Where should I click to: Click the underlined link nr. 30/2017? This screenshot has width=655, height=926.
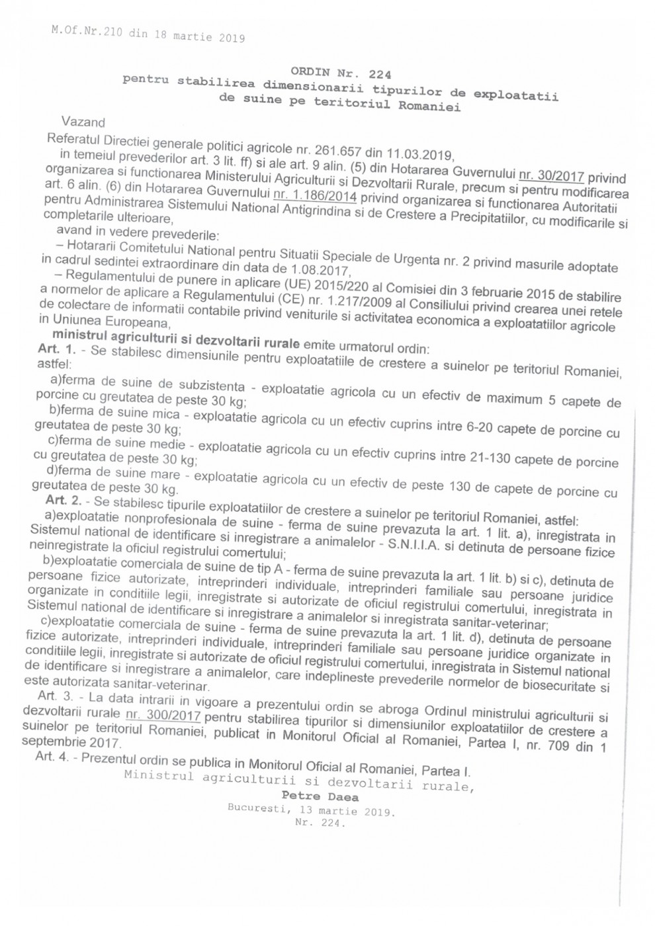(x=551, y=175)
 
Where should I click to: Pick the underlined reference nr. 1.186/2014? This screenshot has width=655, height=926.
(x=315, y=195)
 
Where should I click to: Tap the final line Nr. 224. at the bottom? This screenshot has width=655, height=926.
(x=320, y=823)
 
